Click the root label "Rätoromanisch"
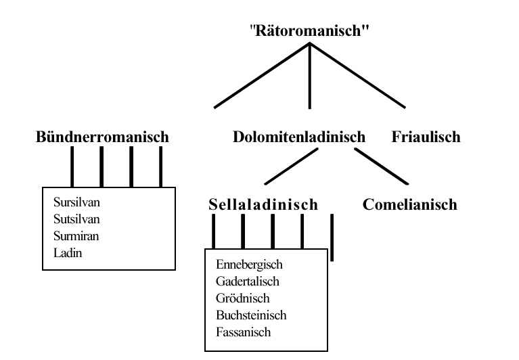310,30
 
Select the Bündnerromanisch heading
102,137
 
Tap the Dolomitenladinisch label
298,137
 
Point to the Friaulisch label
426,137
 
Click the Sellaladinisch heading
263,204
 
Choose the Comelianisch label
409,204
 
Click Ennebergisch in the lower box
249,265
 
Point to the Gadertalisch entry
248,282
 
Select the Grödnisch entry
242,298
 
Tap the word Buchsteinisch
251,315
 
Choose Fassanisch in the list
243,332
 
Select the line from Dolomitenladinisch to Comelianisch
381,166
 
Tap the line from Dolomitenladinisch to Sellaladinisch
292,166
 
